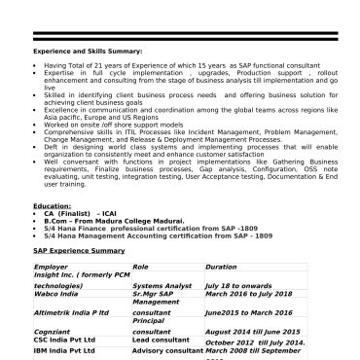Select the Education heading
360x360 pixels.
tap(52, 206)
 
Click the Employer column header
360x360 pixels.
tap(53, 266)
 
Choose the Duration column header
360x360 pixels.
tap(221, 266)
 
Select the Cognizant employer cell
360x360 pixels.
tap(54, 333)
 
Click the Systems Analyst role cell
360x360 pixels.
tap(157, 284)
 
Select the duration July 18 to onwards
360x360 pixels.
tap(239, 284)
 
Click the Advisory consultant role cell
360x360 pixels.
tap(165, 349)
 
